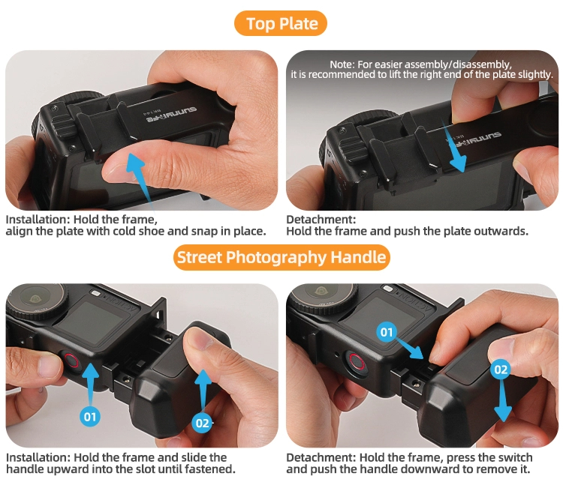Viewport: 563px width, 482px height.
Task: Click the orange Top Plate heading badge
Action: pos(281,24)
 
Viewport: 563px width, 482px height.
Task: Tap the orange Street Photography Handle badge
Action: pos(281,258)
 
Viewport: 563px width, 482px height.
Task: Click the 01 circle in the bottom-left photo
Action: pos(90,416)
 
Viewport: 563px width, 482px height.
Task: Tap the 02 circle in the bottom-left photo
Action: pos(202,423)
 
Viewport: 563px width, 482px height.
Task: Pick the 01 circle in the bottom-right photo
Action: pos(387,332)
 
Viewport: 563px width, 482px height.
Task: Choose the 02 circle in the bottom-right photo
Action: pos(501,369)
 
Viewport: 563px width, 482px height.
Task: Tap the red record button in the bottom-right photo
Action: pos(356,362)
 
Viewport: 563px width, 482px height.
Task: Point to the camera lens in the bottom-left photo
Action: pos(36,299)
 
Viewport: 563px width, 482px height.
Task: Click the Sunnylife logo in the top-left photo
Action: pos(171,115)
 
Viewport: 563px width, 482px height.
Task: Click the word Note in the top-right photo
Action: pos(341,64)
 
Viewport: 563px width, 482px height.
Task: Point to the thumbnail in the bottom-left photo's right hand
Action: pos(200,339)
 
